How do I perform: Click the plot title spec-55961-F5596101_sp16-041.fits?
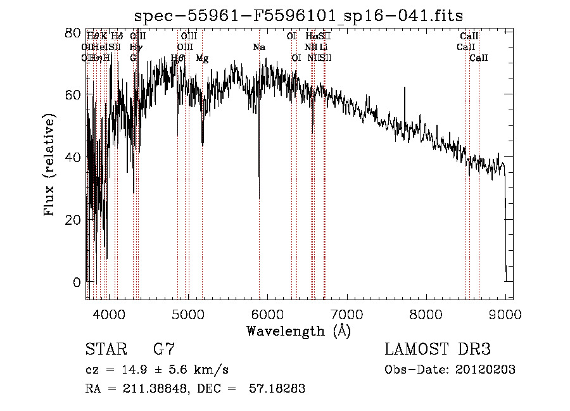pyautogui.click(x=303, y=15)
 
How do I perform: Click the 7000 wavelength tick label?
pyautogui.click(x=346, y=313)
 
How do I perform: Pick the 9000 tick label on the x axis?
pyautogui.click(x=505, y=313)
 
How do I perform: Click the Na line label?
pyautogui.click(x=259, y=47)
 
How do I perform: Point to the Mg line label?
pyautogui.click(x=202, y=58)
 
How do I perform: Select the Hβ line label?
pyautogui.click(x=178, y=58)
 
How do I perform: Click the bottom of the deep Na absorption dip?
pyautogui.click(x=259, y=198)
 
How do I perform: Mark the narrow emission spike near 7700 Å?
pyautogui.click(x=405, y=88)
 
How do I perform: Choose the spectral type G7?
pyautogui.click(x=163, y=350)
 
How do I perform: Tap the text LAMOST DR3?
pyautogui.click(x=437, y=350)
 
